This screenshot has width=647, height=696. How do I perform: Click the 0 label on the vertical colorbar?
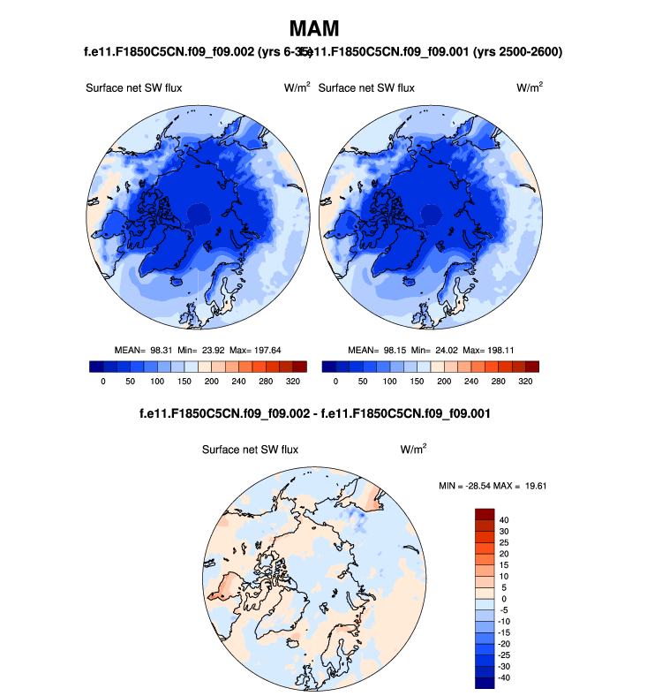point(503,599)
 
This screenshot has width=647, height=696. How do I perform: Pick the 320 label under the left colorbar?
point(294,381)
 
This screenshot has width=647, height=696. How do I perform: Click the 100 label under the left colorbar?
point(157,381)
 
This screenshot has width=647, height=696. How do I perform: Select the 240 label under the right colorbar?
point(470,381)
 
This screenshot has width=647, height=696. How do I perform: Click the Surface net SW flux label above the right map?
point(365,87)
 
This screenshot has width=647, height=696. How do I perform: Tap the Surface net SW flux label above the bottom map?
point(250,449)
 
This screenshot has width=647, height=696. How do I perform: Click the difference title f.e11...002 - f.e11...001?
point(314,412)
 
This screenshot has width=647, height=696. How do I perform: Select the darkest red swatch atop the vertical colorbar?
point(485,514)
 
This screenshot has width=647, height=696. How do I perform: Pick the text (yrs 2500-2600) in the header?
point(518,52)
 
